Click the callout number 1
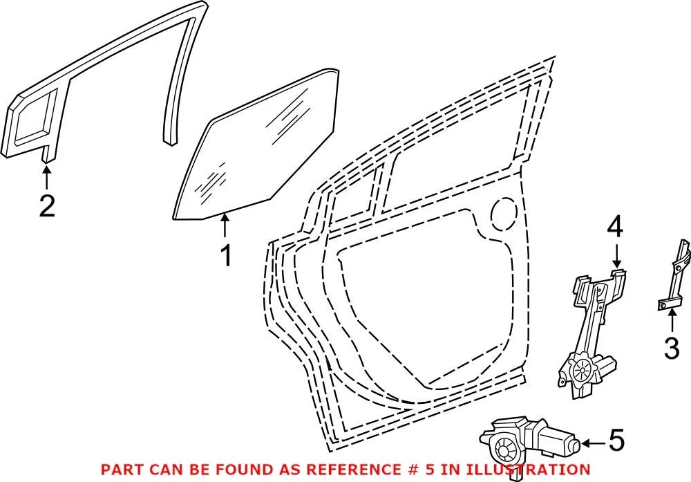coord(226,257)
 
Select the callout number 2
coord(47,206)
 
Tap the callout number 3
coord(672,348)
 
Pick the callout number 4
coord(616,229)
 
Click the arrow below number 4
coord(616,255)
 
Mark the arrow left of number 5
coord(593,443)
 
